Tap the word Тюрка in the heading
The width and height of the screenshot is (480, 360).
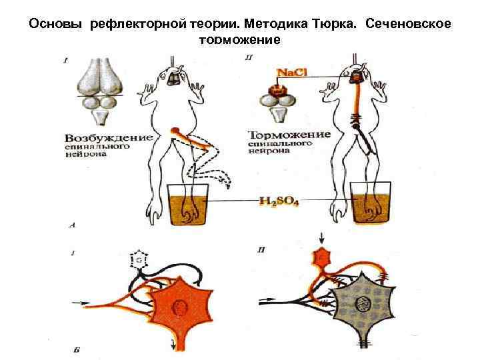[334, 25]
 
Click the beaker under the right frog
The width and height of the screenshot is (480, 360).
[365, 205]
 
